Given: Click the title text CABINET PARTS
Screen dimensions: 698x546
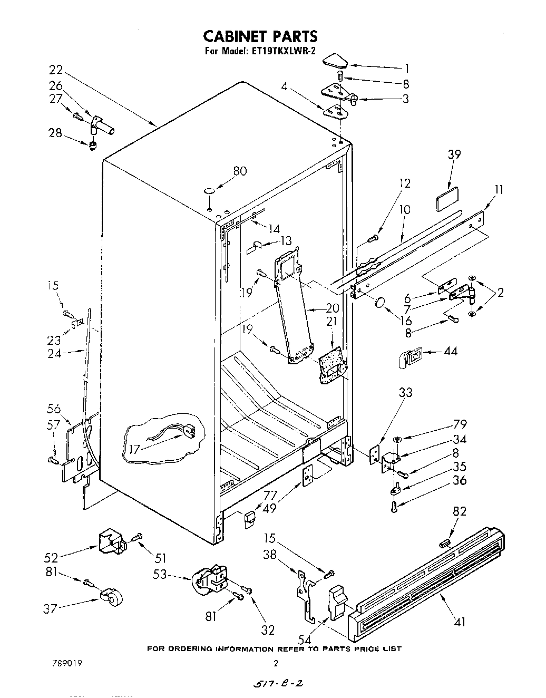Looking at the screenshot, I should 260,36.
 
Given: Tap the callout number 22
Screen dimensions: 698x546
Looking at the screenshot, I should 56,70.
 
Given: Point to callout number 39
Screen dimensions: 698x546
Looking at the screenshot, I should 454,154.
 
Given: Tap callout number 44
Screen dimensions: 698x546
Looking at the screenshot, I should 451,352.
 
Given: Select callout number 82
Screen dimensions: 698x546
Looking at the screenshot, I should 460,511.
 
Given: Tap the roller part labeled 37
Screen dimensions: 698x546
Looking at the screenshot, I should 111,597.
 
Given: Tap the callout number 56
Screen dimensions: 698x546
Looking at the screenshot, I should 54,409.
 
